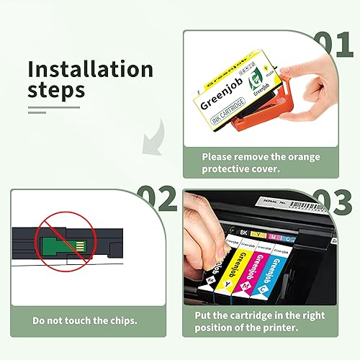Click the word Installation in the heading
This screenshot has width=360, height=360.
point(90,70)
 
